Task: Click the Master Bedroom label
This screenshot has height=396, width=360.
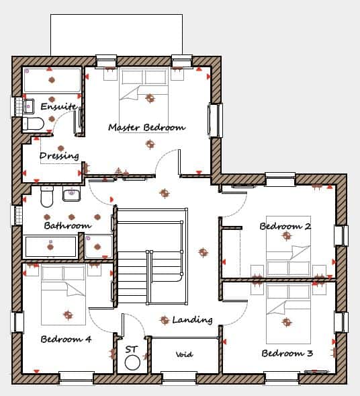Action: [x=147, y=127]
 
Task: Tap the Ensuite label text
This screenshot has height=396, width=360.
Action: [x=58, y=106]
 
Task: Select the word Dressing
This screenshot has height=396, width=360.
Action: [x=59, y=156]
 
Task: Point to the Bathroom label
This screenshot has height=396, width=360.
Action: [x=68, y=225]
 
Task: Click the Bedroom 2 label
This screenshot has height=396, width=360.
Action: [x=285, y=226]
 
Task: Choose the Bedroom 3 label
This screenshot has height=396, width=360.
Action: [x=287, y=353]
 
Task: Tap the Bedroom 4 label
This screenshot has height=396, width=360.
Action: [x=66, y=339]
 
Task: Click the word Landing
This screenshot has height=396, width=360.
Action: [x=192, y=320]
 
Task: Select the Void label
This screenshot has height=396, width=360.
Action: [x=185, y=354]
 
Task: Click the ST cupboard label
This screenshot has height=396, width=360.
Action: [x=132, y=350]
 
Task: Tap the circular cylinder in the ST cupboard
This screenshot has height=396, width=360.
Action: [x=132, y=362]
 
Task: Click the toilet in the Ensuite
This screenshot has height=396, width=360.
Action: [x=34, y=124]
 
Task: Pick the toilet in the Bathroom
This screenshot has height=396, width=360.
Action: [x=47, y=197]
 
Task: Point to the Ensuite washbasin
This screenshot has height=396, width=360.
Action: [x=28, y=106]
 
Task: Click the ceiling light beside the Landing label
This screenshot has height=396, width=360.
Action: [x=165, y=320]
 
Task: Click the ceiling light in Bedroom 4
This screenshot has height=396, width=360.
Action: [x=68, y=315]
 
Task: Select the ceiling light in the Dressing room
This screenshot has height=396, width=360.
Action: [x=61, y=148]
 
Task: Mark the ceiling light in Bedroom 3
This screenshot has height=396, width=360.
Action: [x=286, y=322]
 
